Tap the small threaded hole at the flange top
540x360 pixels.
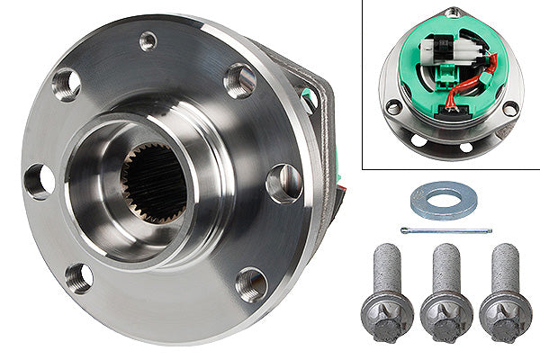[x=148, y=40]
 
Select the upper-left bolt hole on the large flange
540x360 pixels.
[x=67, y=84]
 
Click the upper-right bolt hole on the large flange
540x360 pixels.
[x=239, y=81]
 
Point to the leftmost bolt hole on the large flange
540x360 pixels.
[x=38, y=181]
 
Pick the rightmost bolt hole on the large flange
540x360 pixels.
[x=283, y=183]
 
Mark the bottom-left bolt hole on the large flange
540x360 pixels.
[x=79, y=277]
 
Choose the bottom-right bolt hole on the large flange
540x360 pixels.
[x=251, y=284]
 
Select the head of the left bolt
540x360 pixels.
[x=388, y=316]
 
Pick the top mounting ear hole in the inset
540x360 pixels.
[x=453, y=12]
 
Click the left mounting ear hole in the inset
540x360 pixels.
[x=393, y=107]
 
